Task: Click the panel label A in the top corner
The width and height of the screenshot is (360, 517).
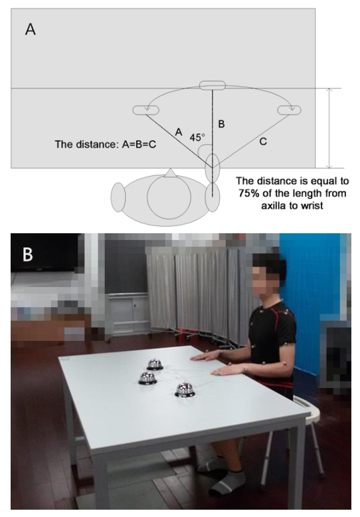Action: coord(31,29)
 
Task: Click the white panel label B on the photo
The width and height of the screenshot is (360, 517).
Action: coord(28,255)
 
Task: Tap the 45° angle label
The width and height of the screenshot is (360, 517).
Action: coord(197,137)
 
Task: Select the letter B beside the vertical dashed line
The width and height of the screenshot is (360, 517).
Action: coord(222,124)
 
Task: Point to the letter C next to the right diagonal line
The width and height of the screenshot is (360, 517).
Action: coord(263,142)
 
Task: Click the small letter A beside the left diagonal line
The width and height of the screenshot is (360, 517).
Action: coord(179,132)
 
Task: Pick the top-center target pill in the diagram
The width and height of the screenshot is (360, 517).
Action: coord(213,85)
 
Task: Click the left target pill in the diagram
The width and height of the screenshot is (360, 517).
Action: coord(145,110)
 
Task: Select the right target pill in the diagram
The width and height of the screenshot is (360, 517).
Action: coord(290,110)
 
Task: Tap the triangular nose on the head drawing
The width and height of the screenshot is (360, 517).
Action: coord(170,173)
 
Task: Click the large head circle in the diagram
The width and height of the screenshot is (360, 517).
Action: coord(169,197)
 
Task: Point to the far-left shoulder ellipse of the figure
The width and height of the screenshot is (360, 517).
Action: coord(118,197)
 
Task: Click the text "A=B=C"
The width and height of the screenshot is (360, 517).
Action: coord(139,144)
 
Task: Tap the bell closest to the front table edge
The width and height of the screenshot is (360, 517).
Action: coord(185,389)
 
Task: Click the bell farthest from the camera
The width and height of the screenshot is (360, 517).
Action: coord(155,364)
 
